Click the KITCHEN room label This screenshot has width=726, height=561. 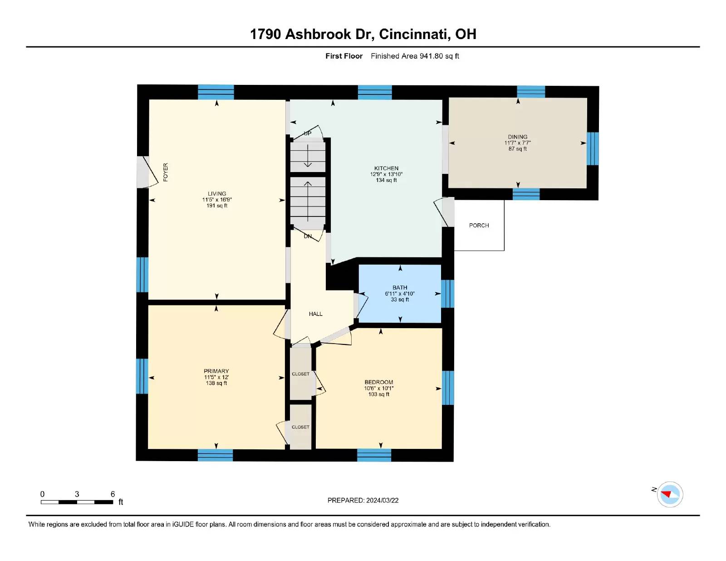click(x=386, y=168)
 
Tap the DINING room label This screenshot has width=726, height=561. click(x=517, y=137)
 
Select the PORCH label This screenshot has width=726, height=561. click(x=479, y=225)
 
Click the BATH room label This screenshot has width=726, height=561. click(x=400, y=287)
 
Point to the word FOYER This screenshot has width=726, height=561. click(x=165, y=172)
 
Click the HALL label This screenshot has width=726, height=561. click(x=315, y=314)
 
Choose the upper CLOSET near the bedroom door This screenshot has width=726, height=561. click(x=300, y=374)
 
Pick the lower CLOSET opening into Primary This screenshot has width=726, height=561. click(x=300, y=427)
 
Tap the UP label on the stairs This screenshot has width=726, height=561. click(x=308, y=133)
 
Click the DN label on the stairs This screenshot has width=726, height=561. click(x=308, y=236)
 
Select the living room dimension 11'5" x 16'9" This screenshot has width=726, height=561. click(x=217, y=200)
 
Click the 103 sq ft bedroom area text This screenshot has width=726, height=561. click(x=378, y=394)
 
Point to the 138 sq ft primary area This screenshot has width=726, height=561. click(x=216, y=383)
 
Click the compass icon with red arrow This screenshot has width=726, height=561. click(x=670, y=494)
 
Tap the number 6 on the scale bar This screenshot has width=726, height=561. click(x=113, y=494)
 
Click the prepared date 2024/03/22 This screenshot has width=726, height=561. click(x=382, y=500)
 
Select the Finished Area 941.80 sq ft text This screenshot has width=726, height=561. click(x=415, y=56)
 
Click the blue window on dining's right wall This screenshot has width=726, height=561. click(x=593, y=148)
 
